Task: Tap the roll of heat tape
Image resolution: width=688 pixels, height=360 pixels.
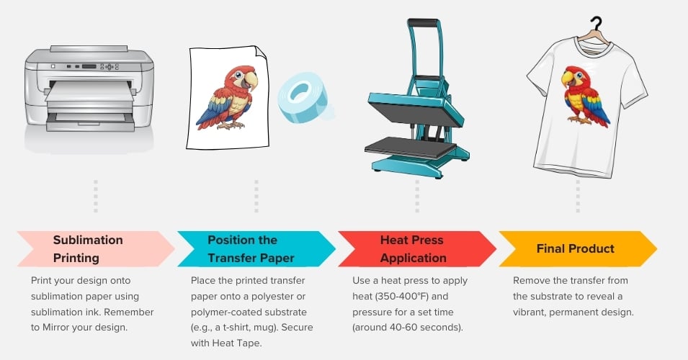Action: [303, 97]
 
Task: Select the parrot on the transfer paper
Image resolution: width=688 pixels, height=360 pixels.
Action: [227, 97]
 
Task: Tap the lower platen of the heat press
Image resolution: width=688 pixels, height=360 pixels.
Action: [410, 148]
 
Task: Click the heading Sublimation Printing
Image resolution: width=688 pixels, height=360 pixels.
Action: [88, 248]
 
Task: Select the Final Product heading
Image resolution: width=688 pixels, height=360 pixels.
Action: [575, 248]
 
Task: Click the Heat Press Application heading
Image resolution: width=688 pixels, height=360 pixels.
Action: [413, 248]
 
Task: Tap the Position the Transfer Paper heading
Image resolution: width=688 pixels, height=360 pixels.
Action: [251, 248]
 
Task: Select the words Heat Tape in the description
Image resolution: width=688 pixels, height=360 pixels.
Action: [237, 343]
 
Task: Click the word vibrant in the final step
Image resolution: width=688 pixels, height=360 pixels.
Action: [530, 312]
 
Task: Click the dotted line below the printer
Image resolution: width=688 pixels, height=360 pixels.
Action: [96, 196]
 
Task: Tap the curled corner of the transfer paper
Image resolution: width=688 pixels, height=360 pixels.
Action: [261, 52]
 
